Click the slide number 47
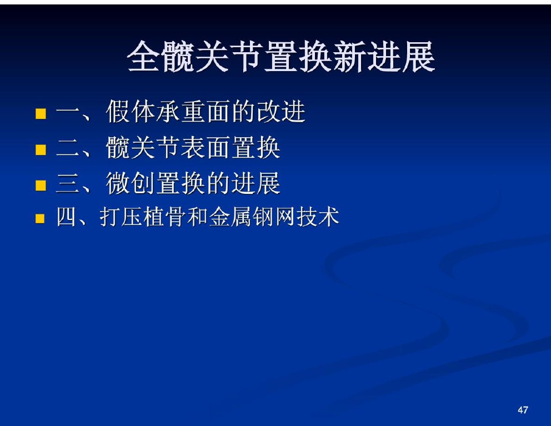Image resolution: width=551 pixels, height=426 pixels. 523,410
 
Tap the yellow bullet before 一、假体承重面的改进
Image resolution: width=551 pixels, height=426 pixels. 41,113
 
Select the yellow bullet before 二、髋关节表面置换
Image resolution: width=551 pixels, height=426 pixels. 41,149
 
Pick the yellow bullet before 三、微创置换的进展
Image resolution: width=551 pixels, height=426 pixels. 41,186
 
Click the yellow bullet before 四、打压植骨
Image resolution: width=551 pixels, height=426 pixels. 40,219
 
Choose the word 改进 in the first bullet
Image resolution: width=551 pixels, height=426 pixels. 281,112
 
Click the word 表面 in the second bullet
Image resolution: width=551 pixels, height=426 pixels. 206,147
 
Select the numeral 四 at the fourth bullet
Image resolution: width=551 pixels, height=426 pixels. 67,217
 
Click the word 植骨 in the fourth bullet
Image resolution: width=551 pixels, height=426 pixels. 164,217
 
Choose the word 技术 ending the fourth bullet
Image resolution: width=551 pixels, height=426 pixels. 318,217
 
